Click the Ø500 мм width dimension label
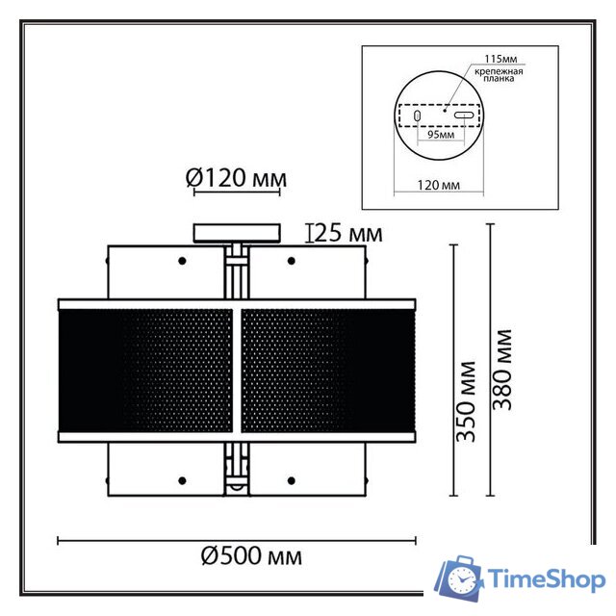tap(251, 556)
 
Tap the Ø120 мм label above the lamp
tap(236, 178)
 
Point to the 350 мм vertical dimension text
tap(466, 401)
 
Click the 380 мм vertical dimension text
tap(501, 370)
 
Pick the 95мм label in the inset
tap(441, 135)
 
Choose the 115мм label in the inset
tap(500, 59)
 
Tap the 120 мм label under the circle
tap(439, 185)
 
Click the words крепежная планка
tap(499, 75)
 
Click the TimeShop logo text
tap(547, 580)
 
